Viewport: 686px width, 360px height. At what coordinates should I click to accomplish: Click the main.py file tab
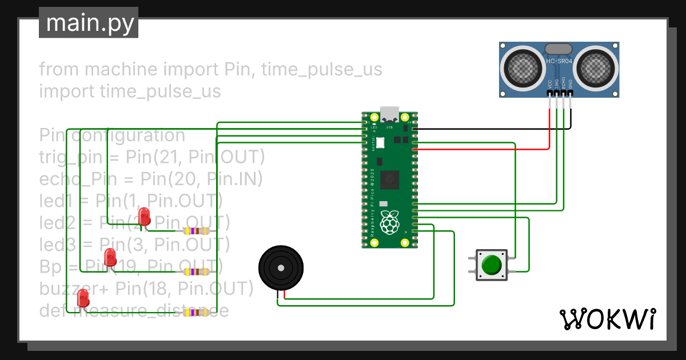pyautogui.click(x=89, y=23)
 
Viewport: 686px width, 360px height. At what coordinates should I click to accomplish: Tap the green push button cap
pyautogui.click(x=491, y=265)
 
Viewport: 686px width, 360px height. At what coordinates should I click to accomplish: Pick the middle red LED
pyautogui.click(x=110, y=257)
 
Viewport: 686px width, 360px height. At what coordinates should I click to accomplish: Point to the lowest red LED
pyautogui.click(x=83, y=298)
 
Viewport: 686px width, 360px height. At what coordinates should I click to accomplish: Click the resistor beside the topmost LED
pyautogui.click(x=196, y=231)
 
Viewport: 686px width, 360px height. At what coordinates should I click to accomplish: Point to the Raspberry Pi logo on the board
pyautogui.click(x=390, y=222)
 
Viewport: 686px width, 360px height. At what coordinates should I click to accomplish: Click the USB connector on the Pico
pyautogui.click(x=390, y=113)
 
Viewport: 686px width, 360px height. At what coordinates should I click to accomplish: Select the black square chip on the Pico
pyautogui.click(x=390, y=179)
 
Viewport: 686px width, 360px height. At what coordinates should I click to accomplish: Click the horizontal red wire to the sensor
pyautogui.click(x=480, y=149)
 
